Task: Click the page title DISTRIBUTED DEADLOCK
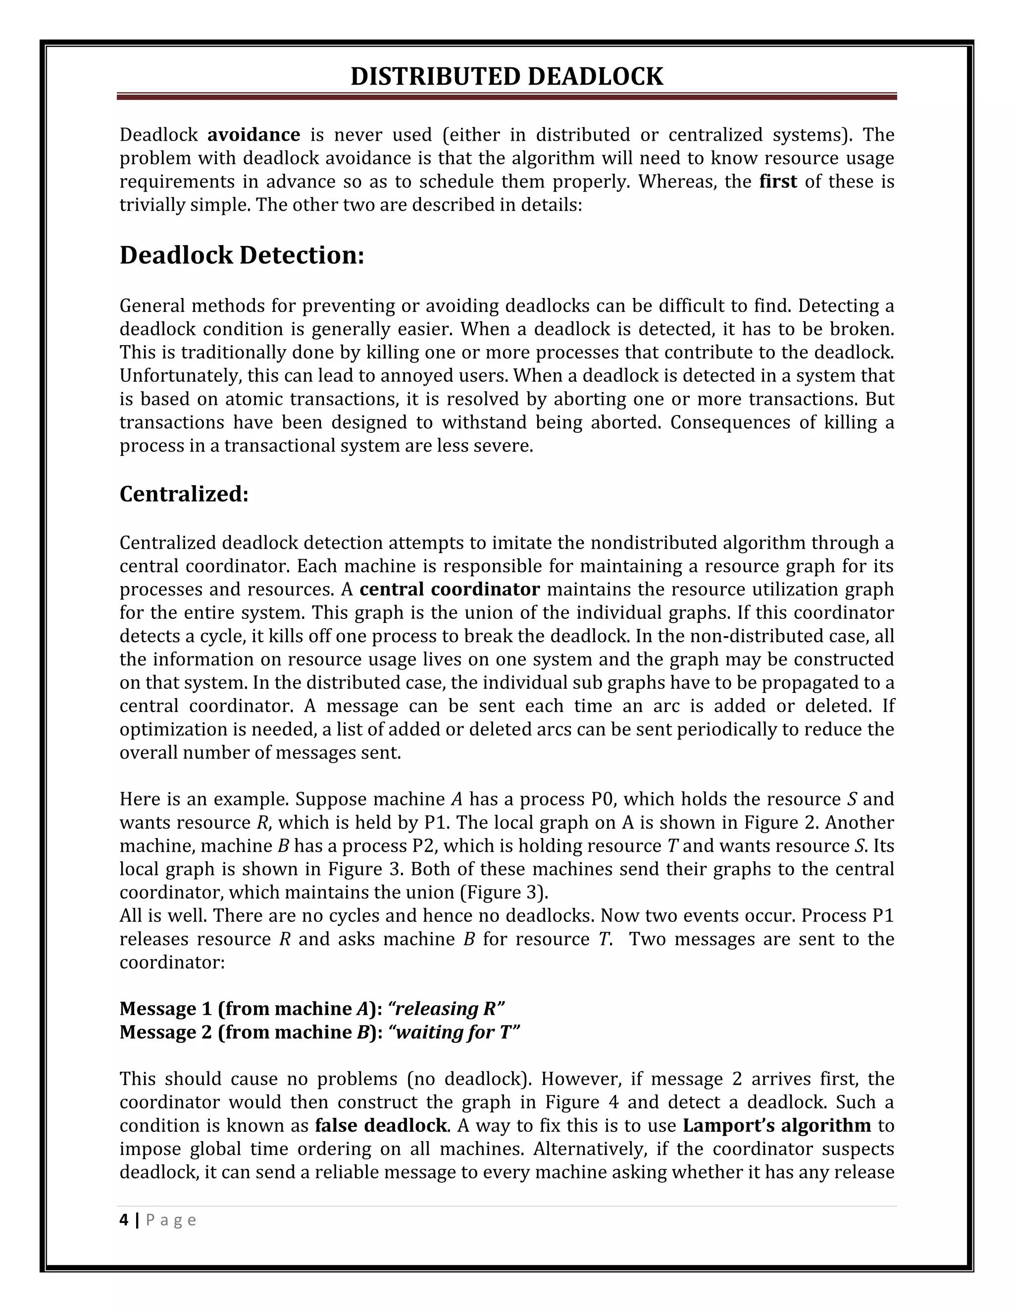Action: click(x=507, y=77)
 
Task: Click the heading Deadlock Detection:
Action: click(x=242, y=255)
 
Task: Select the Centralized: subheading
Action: click(x=184, y=494)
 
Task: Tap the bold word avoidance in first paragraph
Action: click(x=253, y=135)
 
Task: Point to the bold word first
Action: click(x=778, y=181)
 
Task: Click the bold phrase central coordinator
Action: click(x=450, y=589)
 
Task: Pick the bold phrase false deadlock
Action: click(x=381, y=1125)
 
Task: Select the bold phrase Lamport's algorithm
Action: click(x=777, y=1125)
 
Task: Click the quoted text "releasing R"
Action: click(x=446, y=1009)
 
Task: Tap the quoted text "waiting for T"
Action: click(x=454, y=1032)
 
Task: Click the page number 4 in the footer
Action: click(x=124, y=1220)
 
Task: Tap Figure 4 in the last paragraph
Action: click(x=581, y=1103)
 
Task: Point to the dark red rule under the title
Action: click(x=507, y=96)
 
